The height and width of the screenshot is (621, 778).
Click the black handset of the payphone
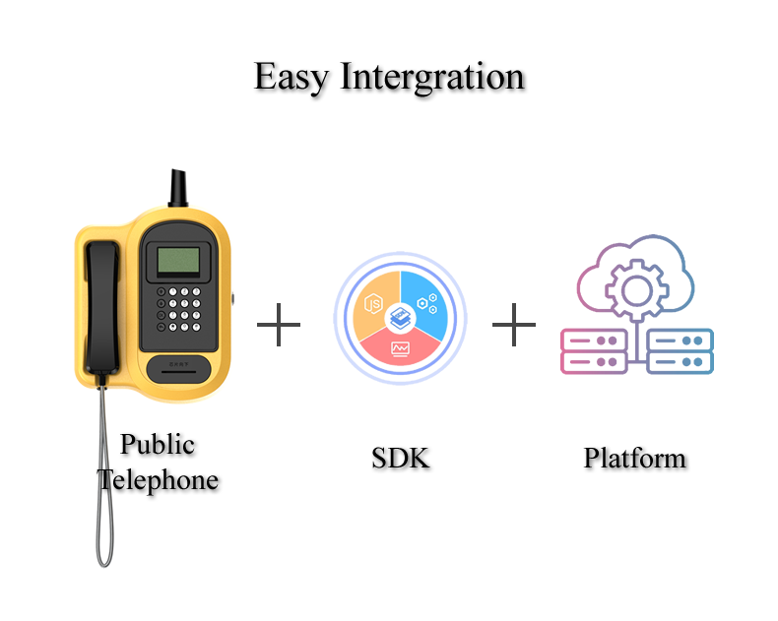click(x=101, y=305)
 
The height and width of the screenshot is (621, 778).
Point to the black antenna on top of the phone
click(x=178, y=186)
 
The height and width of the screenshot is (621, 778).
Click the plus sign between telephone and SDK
click(x=279, y=324)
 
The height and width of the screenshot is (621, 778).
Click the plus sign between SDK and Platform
click(x=513, y=324)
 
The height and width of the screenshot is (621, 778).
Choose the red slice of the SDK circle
click(x=400, y=348)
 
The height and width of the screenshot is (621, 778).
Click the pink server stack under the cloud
click(x=593, y=351)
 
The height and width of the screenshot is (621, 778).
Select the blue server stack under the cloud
click(x=681, y=351)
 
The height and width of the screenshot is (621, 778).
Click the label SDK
click(x=401, y=458)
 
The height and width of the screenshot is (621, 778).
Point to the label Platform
click(x=634, y=458)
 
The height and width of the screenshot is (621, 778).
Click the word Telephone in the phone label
click(x=158, y=481)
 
